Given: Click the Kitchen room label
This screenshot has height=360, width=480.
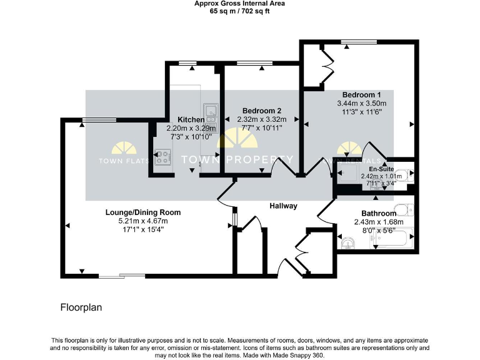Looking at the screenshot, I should click(x=191, y=119).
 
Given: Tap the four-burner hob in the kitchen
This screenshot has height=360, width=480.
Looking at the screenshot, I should click(x=162, y=157).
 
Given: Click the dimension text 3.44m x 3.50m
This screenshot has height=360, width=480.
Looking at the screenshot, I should click(x=361, y=103).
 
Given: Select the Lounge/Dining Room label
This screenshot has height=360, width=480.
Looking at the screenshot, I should click(x=142, y=212).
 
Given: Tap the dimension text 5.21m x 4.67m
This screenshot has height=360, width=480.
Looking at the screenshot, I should click(x=142, y=221).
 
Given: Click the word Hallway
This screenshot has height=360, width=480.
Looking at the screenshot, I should click(x=283, y=206).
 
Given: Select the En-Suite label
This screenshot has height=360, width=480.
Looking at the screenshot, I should click(x=381, y=169).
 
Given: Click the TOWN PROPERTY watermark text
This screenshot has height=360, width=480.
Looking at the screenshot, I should click(x=237, y=159).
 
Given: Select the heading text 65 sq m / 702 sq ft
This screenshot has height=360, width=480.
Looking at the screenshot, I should click(x=240, y=11).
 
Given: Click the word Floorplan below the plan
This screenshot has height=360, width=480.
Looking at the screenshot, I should click(x=81, y=307).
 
